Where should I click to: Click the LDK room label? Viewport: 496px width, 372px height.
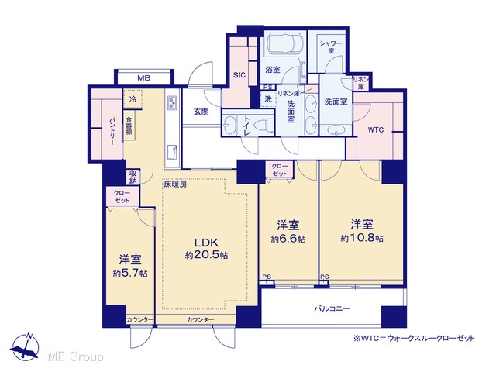[x=206, y=243]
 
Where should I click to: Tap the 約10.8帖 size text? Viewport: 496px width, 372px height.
[x=362, y=238]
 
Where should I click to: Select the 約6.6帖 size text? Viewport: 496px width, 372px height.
[x=288, y=239]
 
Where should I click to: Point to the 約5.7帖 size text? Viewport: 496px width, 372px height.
[x=130, y=274]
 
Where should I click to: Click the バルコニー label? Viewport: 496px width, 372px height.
[x=332, y=308]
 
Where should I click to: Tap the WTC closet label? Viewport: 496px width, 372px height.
[x=376, y=129]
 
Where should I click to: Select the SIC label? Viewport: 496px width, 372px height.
[x=239, y=75]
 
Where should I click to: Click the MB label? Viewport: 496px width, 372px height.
[x=143, y=77]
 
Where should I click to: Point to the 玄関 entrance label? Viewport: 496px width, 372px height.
[x=201, y=112]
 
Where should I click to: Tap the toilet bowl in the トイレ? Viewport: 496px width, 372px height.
[x=265, y=124]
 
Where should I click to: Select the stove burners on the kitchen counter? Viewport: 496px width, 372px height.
[x=172, y=102]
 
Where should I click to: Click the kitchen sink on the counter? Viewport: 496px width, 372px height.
[x=172, y=152]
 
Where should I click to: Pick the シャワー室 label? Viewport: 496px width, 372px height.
[x=331, y=46]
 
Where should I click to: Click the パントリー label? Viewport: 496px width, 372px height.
[x=112, y=131]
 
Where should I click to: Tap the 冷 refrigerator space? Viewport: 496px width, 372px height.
[x=133, y=99]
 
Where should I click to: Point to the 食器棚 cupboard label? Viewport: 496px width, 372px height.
[x=129, y=126]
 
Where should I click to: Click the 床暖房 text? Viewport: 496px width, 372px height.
[x=175, y=184]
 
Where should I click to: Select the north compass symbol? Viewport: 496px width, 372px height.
[x=26, y=347]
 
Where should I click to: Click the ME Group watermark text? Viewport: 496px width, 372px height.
[x=75, y=356]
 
